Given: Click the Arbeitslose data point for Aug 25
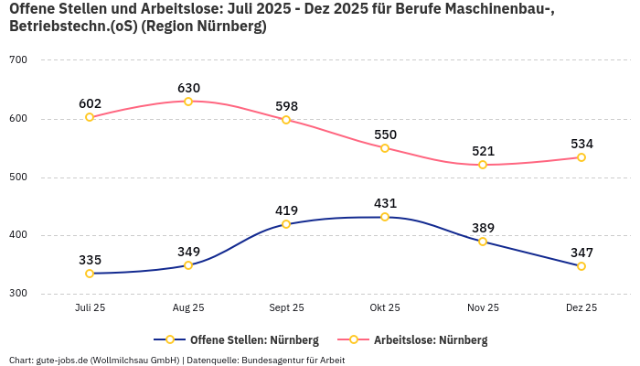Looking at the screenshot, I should click(x=188, y=102).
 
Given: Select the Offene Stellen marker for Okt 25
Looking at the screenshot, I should click(x=385, y=217).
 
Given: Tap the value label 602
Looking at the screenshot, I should click(x=90, y=103).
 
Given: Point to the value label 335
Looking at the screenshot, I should click(x=90, y=260).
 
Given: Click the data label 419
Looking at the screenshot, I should click(x=286, y=210).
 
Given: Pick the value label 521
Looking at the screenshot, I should click(x=483, y=151).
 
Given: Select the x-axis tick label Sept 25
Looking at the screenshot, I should click(x=286, y=308).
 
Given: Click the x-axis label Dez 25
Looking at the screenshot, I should click(x=581, y=308).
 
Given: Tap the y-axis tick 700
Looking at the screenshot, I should click(x=18, y=60).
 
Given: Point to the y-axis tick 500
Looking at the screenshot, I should click(x=18, y=178).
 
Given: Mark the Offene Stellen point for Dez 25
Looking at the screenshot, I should click(x=581, y=266).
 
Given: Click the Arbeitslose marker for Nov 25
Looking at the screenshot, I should click(x=483, y=165).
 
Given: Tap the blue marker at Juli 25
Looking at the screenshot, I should click(x=90, y=274).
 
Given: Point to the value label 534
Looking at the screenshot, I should click(x=581, y=144).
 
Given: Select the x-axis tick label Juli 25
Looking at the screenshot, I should click(x=90, y=308).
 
